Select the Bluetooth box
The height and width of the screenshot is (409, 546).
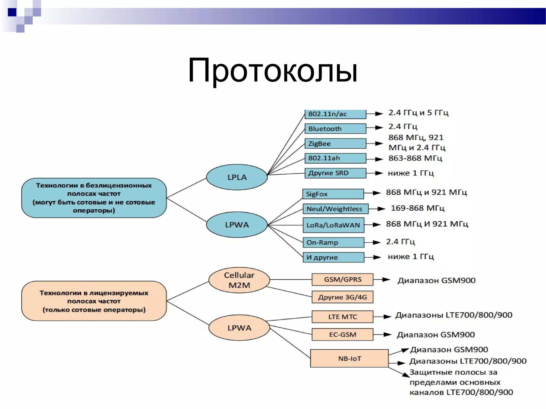[335, 129]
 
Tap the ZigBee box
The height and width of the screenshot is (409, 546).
[335, 144]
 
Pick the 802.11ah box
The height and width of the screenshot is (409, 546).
[335, 158]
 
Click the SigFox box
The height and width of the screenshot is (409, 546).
[333, 194]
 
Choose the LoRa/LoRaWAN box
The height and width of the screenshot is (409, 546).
[333, 225]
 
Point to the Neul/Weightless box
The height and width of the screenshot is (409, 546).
[335, 209]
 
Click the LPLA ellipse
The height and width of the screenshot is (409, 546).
[237, 177]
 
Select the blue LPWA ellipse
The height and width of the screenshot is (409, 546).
[237, 225]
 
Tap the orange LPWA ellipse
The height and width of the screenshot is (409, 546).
[239, 328]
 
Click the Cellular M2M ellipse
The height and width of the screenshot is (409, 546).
[239, 280]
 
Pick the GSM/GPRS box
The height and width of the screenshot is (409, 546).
[342, 279]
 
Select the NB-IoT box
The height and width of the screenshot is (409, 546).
[349, 358]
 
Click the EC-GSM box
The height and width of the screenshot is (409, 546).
[342, 334]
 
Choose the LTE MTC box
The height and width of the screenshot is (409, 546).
[342, 317]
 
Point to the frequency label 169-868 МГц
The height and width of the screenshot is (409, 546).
[417, 208]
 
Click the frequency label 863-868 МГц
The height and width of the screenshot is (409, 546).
[415, 158]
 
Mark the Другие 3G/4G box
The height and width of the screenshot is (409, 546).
[342, 297]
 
